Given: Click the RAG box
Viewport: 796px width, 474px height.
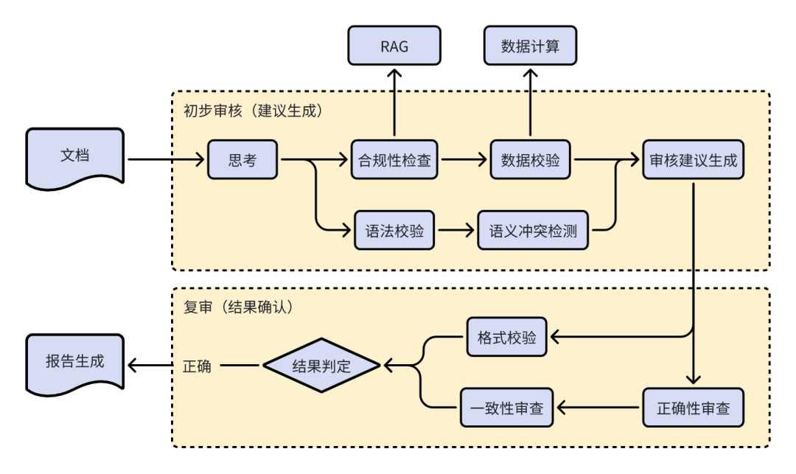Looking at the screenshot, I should pyautogui.click(x=394, y=47).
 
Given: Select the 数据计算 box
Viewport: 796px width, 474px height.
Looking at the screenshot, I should pyautogui.click(x=530, y=47).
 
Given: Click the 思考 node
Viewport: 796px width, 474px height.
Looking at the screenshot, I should pyautogui.click(x=242, y=159).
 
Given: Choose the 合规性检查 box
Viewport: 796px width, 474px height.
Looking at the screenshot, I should pyautogui.click(x=394, y=159).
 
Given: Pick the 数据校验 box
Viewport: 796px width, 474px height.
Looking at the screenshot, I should pyautogui.click(x=530, y=159).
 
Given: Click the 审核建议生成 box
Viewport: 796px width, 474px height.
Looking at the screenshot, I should pyautogui.click(x=694, y=159).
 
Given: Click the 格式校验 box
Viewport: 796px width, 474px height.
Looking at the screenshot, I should pyautogui.click(x=507, y=338).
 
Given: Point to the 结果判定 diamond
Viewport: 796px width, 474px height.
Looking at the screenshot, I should pyautogui.click(x=321, y=365).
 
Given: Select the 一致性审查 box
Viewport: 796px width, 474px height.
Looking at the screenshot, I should pyautogui.click(x=507, y=407).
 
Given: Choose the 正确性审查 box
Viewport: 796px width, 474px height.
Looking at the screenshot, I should pyautogui.click(x=694, y=407).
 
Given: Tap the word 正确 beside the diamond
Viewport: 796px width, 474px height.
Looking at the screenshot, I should pyautogui.click(x=197, y=366).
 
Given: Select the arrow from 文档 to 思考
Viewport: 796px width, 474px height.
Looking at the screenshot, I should pyautogui.click(x=165, y=159).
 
